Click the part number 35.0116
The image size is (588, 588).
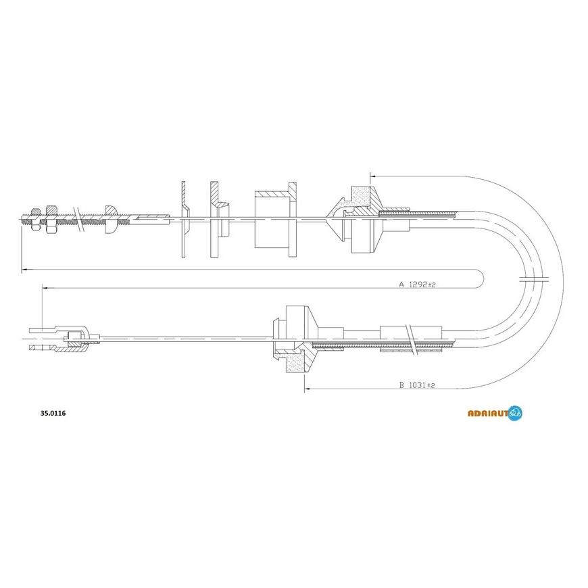coord(53,414)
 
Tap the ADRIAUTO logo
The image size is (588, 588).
coord(495,413)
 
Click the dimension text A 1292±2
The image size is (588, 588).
coord(417,285)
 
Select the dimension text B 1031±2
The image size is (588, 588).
coord(417,385)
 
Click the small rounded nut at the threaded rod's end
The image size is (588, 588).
coord(36,218)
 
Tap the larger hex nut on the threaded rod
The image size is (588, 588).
coord(51,219)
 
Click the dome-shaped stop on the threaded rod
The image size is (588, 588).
coord(112,220)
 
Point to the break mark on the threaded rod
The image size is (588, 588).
coord(78,220)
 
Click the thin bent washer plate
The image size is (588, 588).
coord(185,220)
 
